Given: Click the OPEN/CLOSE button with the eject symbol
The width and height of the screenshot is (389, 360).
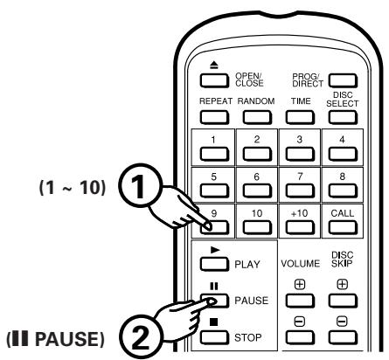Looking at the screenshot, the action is pos(214,80).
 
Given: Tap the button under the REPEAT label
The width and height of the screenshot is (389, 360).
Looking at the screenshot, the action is pos(214,118).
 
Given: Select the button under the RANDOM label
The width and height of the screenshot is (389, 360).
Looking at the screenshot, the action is pos(257,118).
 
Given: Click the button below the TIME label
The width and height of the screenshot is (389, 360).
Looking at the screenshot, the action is pos(300,118).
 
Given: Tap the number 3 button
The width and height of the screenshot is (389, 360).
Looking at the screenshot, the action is pos(300,155).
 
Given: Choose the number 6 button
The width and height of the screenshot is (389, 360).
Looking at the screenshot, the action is pos(257,191).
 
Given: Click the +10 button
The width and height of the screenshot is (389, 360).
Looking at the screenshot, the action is pos(300,227).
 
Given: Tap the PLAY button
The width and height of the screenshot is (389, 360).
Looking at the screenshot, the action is pos(214,264).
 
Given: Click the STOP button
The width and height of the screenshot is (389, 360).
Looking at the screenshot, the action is pos(214,338).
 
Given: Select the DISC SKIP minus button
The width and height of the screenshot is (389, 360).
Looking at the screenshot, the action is pos(343,338).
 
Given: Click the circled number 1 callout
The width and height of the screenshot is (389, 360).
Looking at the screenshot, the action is pos(140,185).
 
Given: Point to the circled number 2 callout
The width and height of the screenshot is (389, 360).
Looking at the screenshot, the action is pos(140,337).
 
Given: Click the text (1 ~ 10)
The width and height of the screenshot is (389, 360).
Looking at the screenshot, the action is pos(72,187).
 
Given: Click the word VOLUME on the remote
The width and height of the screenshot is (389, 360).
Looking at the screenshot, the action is pos(300,264).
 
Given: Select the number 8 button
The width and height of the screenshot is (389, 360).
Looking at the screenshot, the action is pos(343,191).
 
